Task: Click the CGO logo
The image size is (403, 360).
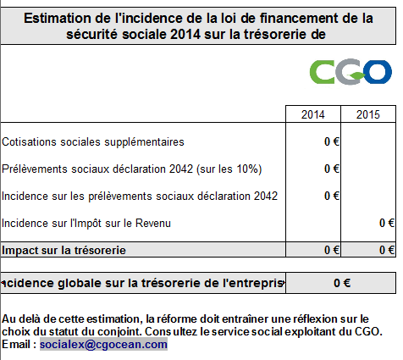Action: tap(351, 72)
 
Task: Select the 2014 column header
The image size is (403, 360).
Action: tap(312, 114)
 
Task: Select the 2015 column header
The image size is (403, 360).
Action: tap(368, 114)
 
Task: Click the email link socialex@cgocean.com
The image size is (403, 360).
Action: tap(103, 344)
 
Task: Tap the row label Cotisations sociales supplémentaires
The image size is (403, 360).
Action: tap(93, 141)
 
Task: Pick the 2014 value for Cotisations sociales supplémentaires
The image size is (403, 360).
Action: tap(332, 141)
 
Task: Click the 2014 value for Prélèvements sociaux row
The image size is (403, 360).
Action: tap(332, 169)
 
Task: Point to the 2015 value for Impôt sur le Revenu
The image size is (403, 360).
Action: tap(387, 223)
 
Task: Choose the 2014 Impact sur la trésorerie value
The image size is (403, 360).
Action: tap(332, 250)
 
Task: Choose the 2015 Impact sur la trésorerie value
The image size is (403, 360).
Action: tap(387, 250)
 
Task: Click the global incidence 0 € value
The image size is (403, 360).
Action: tap(342, 283)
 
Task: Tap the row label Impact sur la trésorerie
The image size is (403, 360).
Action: tap(63, 250)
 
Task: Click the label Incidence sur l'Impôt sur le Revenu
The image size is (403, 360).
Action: tap(86, 223)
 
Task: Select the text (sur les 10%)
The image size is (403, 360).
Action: tap(229, 169)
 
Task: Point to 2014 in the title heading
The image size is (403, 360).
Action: tap(185, 35)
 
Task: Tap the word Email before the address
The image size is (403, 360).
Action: tap(17, 344)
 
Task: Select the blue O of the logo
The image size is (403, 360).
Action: tap(378, 71)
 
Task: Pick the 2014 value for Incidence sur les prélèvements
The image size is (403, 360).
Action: tap(332, 196)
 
